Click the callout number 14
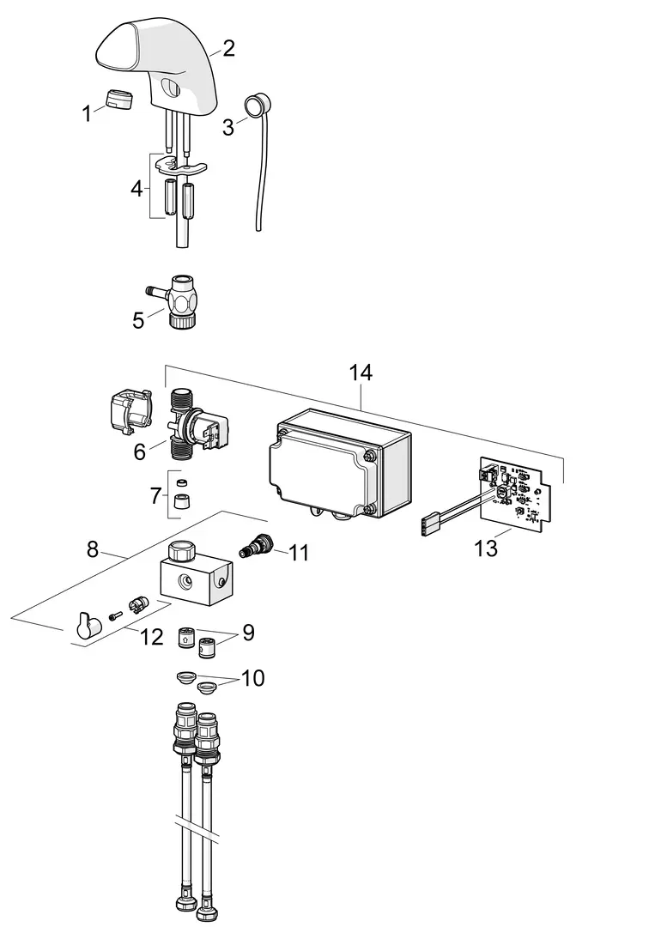click(361, 373)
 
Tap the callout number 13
click(486, 548)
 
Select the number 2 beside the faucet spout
click(228, 48)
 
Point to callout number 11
click(299, 553)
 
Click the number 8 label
click(93, 549)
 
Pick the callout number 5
click(138, 320)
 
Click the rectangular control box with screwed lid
click(339, 463)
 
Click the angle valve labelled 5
click(176, 301)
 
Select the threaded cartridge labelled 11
click(255, 544)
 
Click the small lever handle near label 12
click(88, 626)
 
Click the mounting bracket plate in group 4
click(181, 166)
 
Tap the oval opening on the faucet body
click(172, 88)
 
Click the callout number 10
click(252, 678)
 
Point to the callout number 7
click(155, 496)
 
